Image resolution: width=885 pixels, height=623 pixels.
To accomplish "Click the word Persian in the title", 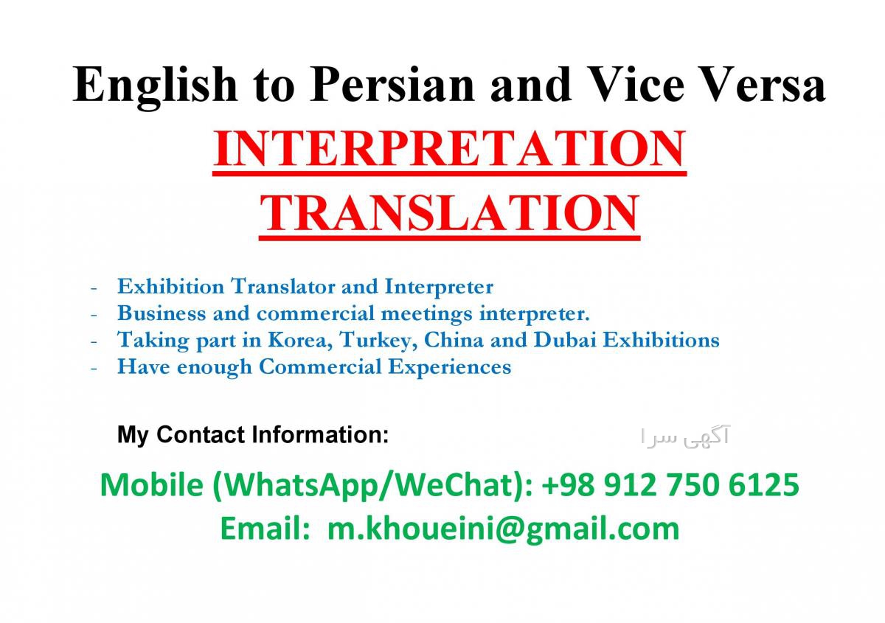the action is pyautogui.click(x=392, y=85).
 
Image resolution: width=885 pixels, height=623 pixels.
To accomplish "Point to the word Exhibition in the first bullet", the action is pyautogui.click(x=170, y=286).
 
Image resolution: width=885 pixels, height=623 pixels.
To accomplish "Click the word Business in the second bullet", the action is pyautogui.click(x=162, y=313).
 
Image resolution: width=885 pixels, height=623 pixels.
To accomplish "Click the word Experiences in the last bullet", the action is pyautogui.click(x=450, y=367).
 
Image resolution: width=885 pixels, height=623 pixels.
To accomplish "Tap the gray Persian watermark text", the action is pyautogui.click(x=684, y=437).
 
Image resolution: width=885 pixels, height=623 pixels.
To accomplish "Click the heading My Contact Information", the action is pyautogui.click(x=253, y=435).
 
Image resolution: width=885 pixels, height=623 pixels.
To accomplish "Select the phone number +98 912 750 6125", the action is pyautogui.click(x=670, y=484).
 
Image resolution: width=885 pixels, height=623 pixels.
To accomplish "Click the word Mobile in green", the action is pyautogui.click(x=152, y=484).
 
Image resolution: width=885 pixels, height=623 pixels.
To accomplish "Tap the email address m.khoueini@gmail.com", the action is pyautogui.click(x=503, y=529).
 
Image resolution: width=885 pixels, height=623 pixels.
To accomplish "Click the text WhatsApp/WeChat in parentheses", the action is pyautogui.click(x=369, y=485).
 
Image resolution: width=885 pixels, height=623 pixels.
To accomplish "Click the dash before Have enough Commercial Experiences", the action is pyautogui.click(x=94, y=368).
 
